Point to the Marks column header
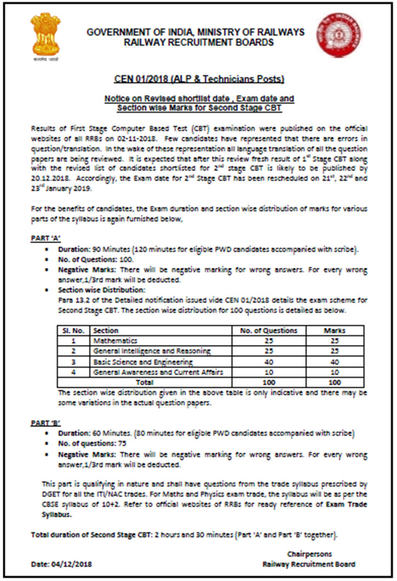335,330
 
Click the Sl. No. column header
73,330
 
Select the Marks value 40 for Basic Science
335,362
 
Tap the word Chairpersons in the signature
309,554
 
